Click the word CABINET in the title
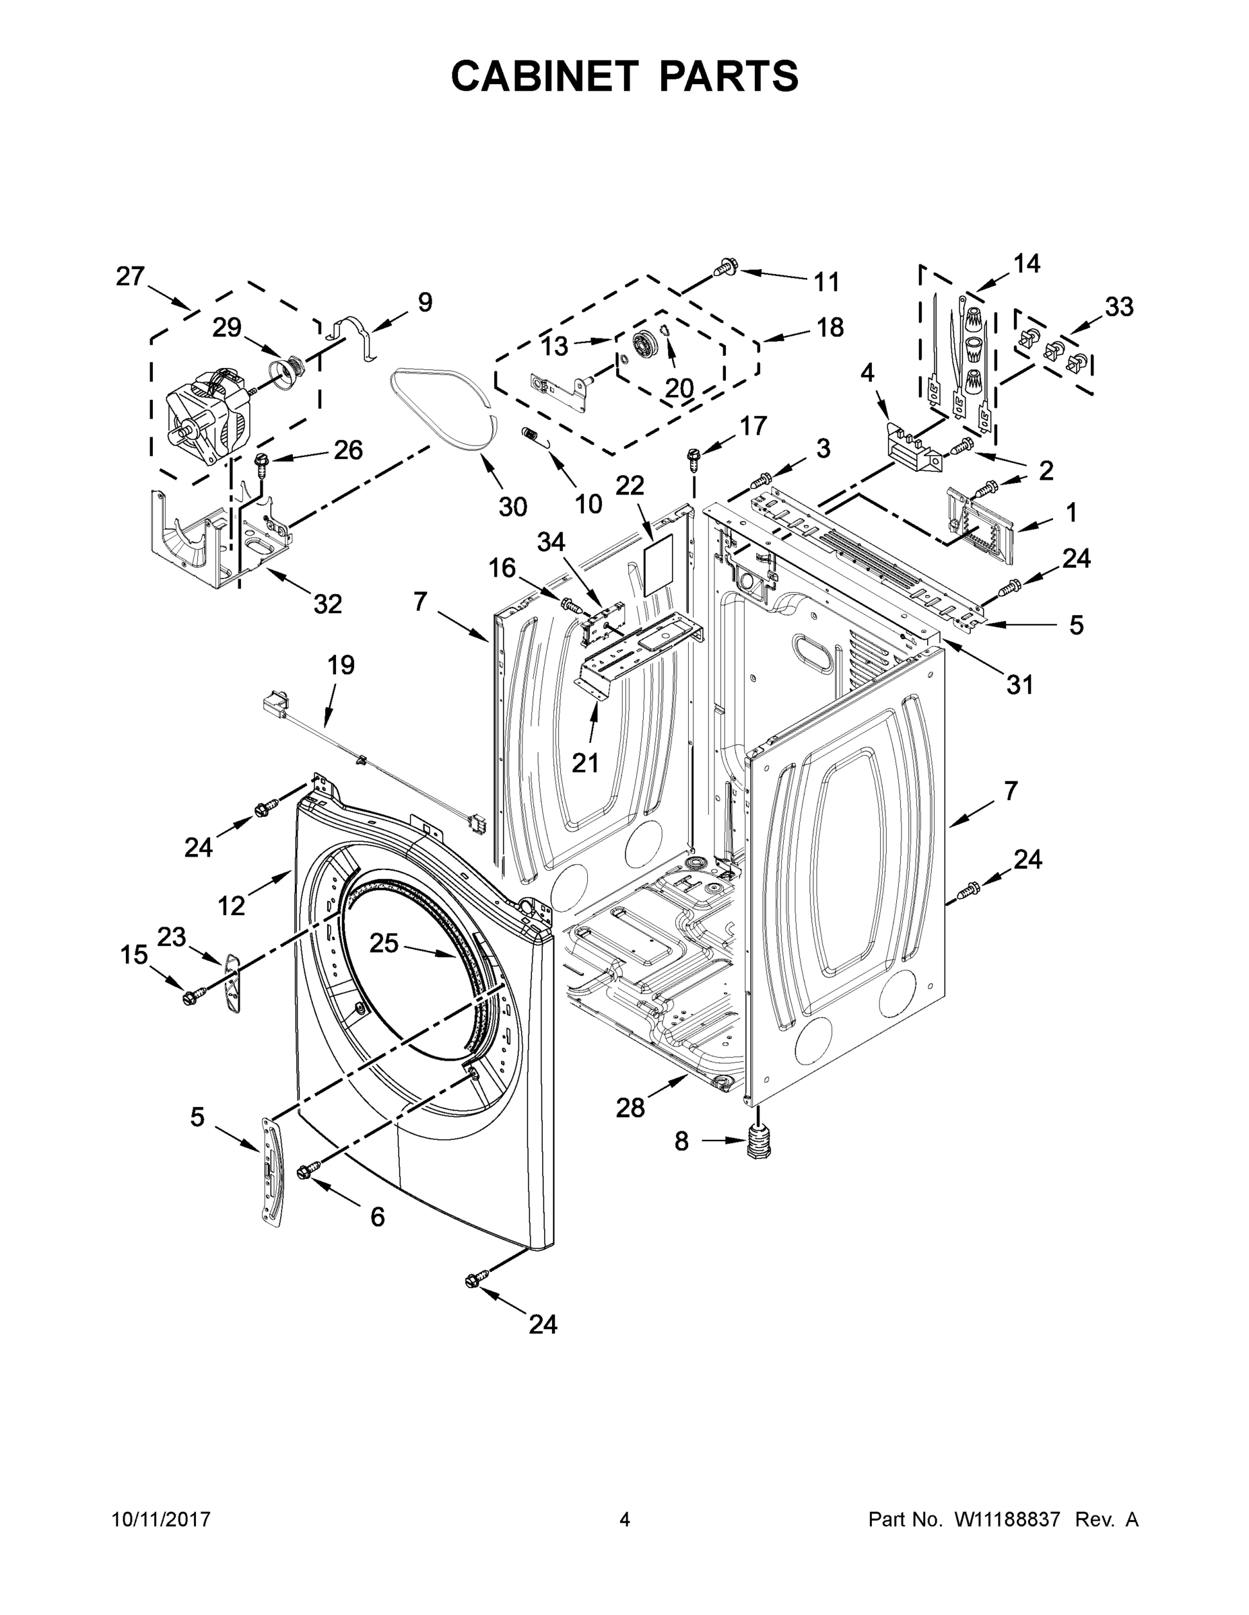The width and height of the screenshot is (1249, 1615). (545, 75)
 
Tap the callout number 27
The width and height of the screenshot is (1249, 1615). (130, 277)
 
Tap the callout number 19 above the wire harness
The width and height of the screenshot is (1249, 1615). (341, 666)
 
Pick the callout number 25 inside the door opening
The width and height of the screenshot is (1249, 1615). (384, 943)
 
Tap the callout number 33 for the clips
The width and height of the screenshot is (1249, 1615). (1119, 307)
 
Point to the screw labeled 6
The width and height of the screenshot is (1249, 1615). (308, 1169)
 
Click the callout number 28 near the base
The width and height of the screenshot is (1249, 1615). (630, 1128)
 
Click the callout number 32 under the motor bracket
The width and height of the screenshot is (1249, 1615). (327, 604)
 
